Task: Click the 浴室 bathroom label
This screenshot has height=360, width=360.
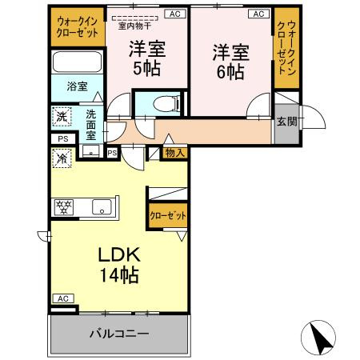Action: tap(77, 86)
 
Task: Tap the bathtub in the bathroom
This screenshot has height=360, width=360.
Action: tap(77, 62)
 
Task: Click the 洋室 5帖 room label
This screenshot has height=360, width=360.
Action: tap(148, 58)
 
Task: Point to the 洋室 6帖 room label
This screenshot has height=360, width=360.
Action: tap(230, 62)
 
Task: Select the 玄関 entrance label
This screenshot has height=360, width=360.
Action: tap(286, 122)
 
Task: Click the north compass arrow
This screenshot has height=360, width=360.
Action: tap(322, 339)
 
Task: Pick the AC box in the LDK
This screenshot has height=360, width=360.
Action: tap(63, 298)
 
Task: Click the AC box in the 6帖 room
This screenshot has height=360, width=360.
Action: tap(258, 14)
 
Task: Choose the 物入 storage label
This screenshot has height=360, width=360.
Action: tap(174, 152)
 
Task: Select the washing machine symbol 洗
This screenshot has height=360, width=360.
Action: tap(62, 116)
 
